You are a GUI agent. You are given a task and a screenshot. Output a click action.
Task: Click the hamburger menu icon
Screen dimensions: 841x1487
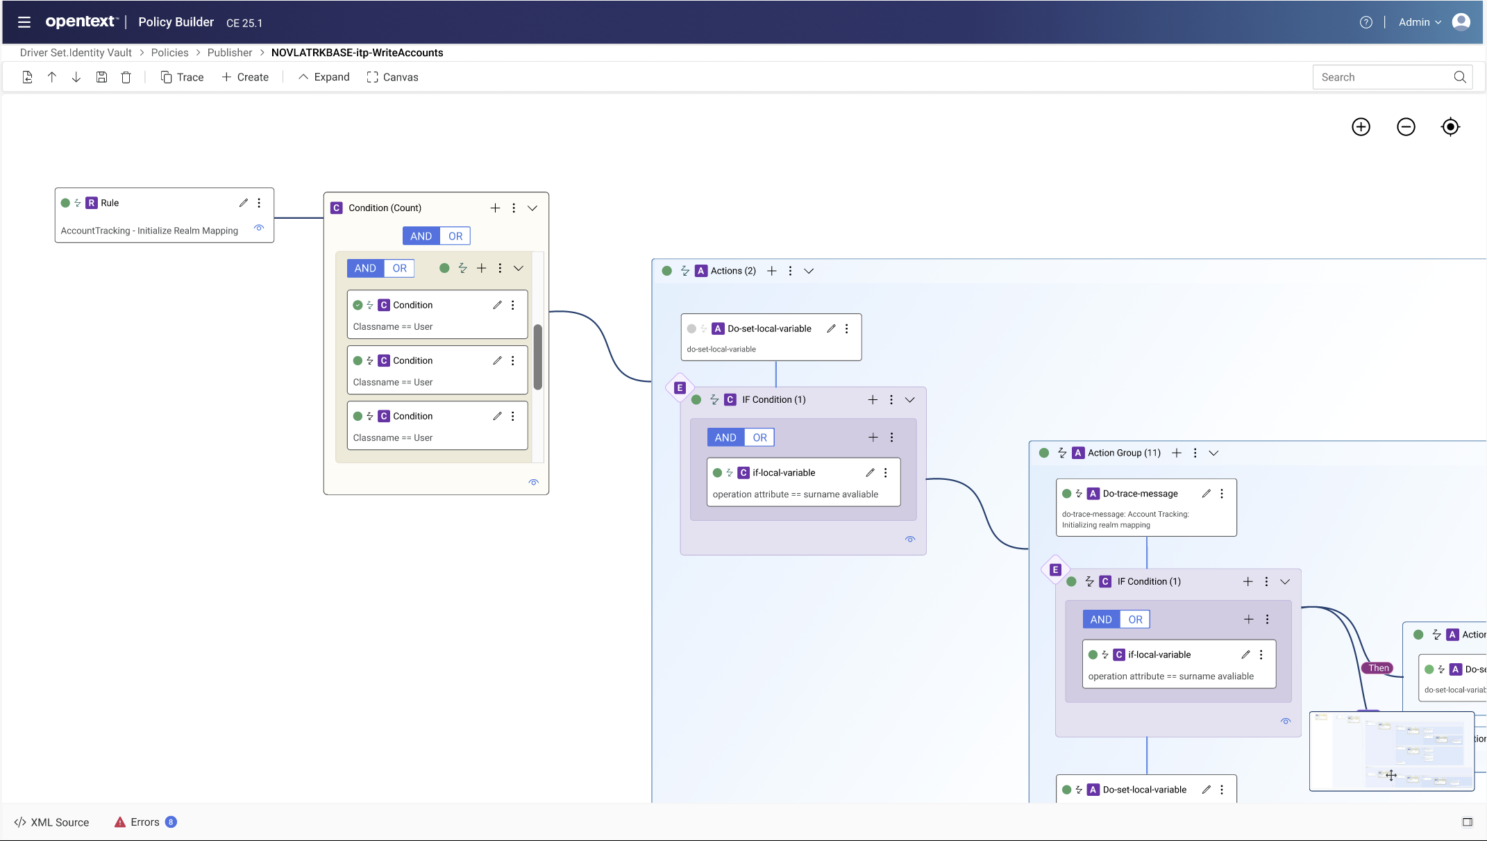[24, 22]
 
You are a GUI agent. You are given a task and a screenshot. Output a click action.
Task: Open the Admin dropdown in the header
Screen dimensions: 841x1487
[1420, 22]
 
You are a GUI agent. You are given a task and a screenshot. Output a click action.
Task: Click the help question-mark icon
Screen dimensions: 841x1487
[1366, 22]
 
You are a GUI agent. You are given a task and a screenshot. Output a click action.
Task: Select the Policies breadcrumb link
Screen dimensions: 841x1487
[169, 53]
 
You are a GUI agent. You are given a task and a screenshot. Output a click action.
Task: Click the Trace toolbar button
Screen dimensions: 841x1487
[182, 77]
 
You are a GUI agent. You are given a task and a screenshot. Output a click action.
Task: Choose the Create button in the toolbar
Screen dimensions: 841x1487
[245, 77]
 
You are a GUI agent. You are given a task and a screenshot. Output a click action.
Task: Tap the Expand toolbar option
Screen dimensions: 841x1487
[324, 77]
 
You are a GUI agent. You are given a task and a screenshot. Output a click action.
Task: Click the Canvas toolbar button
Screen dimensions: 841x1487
[392, 77]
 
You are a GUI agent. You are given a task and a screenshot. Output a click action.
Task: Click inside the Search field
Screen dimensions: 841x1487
[1381, 77]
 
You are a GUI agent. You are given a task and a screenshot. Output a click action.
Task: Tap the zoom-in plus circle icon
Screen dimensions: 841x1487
[1361, 127]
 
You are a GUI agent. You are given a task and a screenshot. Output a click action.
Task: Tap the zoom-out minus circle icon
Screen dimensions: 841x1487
[1406, 127]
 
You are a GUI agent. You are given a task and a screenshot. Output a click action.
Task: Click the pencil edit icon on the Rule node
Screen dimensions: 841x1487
[244, 203]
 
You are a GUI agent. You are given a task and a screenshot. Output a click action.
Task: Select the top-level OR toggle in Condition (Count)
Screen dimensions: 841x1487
[455, 236]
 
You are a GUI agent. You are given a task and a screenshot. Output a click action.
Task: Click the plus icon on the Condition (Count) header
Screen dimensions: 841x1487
[495, 208]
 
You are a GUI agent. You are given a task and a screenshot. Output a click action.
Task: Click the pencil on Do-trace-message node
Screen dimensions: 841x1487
[1207, 494]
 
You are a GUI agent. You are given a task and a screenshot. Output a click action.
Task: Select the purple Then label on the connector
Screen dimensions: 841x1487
[1379, 668]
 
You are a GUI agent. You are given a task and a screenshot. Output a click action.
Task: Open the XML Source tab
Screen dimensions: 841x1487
[52, 822]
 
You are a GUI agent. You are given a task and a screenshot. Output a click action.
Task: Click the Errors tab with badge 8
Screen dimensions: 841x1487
[145, 822]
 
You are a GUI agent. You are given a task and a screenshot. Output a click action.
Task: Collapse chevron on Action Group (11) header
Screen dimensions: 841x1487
[1213, 453]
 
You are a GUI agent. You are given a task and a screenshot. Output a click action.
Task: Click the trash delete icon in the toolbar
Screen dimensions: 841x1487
[126, 77]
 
